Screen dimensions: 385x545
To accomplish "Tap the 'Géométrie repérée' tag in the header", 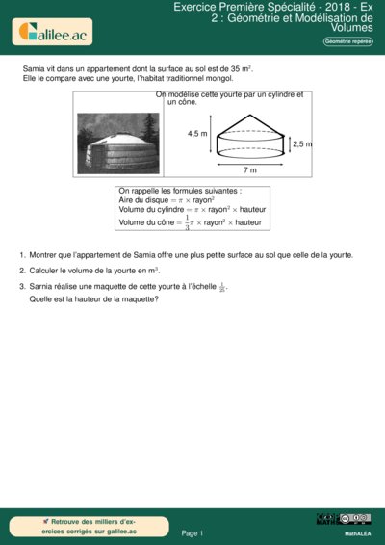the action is [x=347, y=43].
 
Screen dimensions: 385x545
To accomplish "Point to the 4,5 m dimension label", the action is [x=197, y=134].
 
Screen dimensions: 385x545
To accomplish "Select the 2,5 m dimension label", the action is [x=302, y=143].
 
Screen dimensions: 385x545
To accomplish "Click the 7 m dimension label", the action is [x=250, y=169].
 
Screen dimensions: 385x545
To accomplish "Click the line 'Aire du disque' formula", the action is [x=167, y=199].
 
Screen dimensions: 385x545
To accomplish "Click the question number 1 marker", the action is [x=22, y=255].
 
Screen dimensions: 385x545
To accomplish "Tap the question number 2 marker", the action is [x=22, y=271].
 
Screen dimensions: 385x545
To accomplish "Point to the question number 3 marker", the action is [x=22, y=287].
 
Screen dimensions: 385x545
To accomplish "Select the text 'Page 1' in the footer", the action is [x=192, y=532].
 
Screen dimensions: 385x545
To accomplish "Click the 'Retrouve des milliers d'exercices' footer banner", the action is [x=83, y=525].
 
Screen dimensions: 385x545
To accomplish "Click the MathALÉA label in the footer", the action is [x=357, y=532].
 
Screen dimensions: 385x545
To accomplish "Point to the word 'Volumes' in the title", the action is [x=348, y=28].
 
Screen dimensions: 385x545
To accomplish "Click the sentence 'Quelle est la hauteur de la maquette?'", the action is [x=94, y=298].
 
